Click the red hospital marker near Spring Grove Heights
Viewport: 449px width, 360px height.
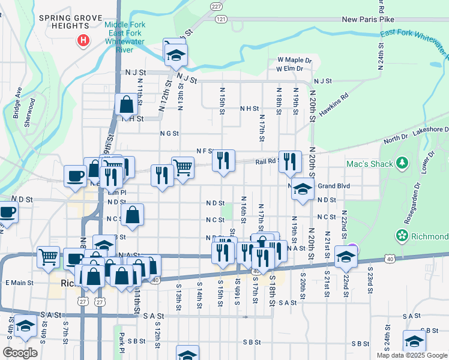(x=83, y=41)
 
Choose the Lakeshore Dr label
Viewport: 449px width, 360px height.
(x=429, y=129)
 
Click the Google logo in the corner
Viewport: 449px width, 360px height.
(x=20, y=352)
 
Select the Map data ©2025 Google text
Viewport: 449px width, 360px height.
(x=411, y=355)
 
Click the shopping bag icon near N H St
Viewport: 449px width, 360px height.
(x=127, y=104)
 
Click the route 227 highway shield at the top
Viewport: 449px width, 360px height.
(x=217, y=5)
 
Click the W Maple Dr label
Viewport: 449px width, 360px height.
(x=294, y=60)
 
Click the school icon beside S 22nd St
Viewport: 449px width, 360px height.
(x=346, y=256)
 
